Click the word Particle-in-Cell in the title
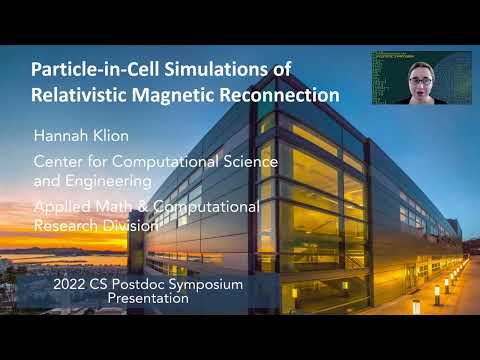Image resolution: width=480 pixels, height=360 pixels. coord(89,71)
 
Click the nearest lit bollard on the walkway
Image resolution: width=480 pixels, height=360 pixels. coord(416,304)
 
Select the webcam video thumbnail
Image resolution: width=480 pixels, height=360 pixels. coord(421,79)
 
